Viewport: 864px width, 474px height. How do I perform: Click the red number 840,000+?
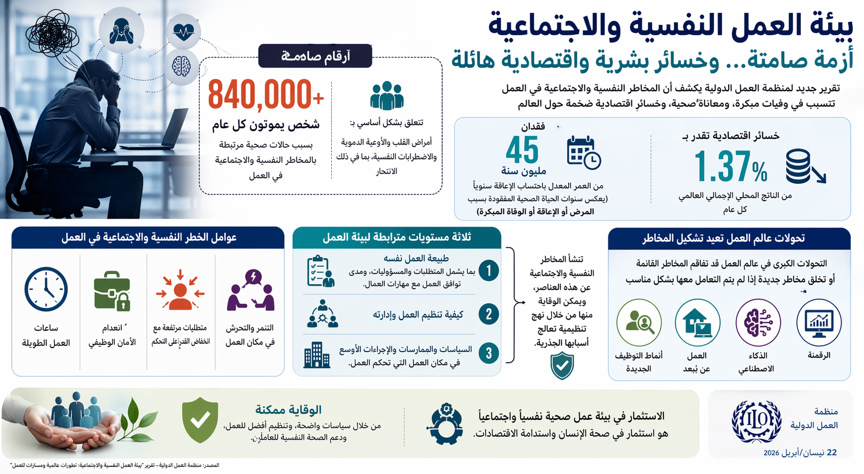click(x=266, y=95)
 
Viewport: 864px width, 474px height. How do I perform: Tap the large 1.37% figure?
click(x=731, y=167)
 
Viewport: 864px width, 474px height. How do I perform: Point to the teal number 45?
click(x=522, y=150)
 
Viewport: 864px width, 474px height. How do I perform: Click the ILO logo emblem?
click(x=756, y=421)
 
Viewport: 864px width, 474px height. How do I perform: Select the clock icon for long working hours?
click(x=46, y=289)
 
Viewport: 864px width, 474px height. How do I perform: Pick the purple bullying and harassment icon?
click(x=251, y=290)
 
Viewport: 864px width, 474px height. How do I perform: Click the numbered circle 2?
click(x=488, y=314)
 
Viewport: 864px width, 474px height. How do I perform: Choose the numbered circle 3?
click(x=488, y=353)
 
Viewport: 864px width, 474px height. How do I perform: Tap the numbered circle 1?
click(x=488, y=270)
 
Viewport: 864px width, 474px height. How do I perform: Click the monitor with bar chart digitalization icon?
click(x=819, y=322)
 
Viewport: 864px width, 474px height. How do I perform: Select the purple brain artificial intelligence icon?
click(x=758, y=322)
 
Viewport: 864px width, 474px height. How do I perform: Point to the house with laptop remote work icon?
click(x=697, y=322)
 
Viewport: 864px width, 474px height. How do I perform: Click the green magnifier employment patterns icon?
click(x=639, y=322)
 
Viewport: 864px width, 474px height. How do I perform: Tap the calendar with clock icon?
click(x=584, y=153)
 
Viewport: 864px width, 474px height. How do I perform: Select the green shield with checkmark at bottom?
click(x=200, y=420)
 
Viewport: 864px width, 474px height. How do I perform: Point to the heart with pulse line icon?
click(x=183, y=32)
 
